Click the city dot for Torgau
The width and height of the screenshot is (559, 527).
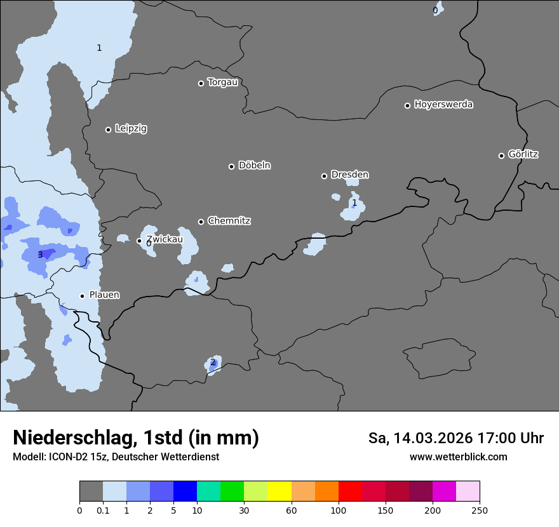tap(201, 83)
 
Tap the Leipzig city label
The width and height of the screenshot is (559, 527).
tap(131, 128)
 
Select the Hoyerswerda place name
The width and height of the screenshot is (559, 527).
tap(443, 104)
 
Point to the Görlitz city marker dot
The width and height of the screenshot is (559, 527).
tap(501, 156)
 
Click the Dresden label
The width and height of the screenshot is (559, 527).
tap(349, 175)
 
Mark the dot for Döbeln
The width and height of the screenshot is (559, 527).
tap(231, 166)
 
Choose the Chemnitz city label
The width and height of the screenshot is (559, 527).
tap(229, 221)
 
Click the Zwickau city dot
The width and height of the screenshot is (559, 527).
tap(140, 241)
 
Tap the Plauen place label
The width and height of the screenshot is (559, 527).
tap(104, 295)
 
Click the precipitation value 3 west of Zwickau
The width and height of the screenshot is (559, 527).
tap(40, 255)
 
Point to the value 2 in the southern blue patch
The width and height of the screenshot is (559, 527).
tap(213, 363)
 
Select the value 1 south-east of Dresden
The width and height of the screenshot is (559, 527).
tap(354, 203)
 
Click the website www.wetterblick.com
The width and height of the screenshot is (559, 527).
tap(458, 457)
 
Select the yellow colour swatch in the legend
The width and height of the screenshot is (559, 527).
tap(279, 491)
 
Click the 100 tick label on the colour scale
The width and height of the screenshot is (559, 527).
tap(339, 510)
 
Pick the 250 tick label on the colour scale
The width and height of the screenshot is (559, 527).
tap(480, 510)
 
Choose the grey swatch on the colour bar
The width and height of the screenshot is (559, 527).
tap(91, 491)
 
